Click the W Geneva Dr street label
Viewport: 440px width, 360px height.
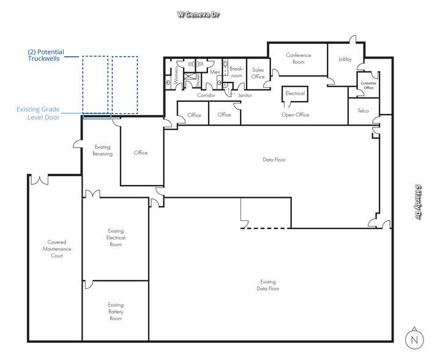[x=198, y=14]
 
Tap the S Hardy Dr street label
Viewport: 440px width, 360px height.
[x=418, y=201]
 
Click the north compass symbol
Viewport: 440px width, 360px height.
[x=414, y=339]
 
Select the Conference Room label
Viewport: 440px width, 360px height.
[x=298, y=58]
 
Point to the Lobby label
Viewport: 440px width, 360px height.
[x=345, y=59]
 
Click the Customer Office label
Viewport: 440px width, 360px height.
[x=368, y=85]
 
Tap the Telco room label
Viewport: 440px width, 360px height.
[x=363, y=111]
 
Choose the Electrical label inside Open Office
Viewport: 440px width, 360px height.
[x=295, y=93]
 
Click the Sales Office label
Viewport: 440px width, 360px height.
[x=258, y=73]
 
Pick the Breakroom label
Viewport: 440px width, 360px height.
[x=236, y=72]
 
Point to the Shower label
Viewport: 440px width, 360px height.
[x=198, y=80]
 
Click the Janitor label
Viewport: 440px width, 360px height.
[x=245, y=95]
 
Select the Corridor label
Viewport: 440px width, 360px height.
[x=206, y=95]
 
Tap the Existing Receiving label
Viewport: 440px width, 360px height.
[x=102, y=150]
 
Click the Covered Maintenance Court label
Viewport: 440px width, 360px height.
[x=57, y=249]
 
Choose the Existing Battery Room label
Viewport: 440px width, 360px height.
[x=116, y=312]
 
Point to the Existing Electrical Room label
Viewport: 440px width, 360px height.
[x=116, y=238]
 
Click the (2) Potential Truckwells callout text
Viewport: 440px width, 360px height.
[x=46, y=55]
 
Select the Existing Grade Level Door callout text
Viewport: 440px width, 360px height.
[x=38, y=113]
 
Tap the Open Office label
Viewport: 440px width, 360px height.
[x=295, y=114]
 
